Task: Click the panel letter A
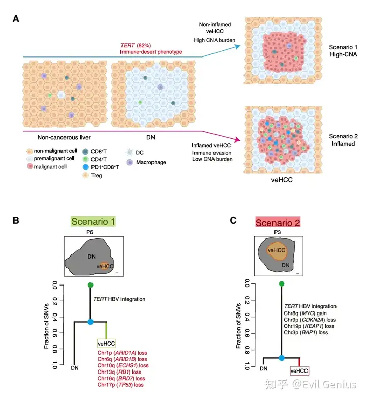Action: coord(16,19)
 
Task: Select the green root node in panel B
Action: coord(90,285)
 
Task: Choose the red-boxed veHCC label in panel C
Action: coord(299,372)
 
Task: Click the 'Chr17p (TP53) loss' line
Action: coord(120,385)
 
